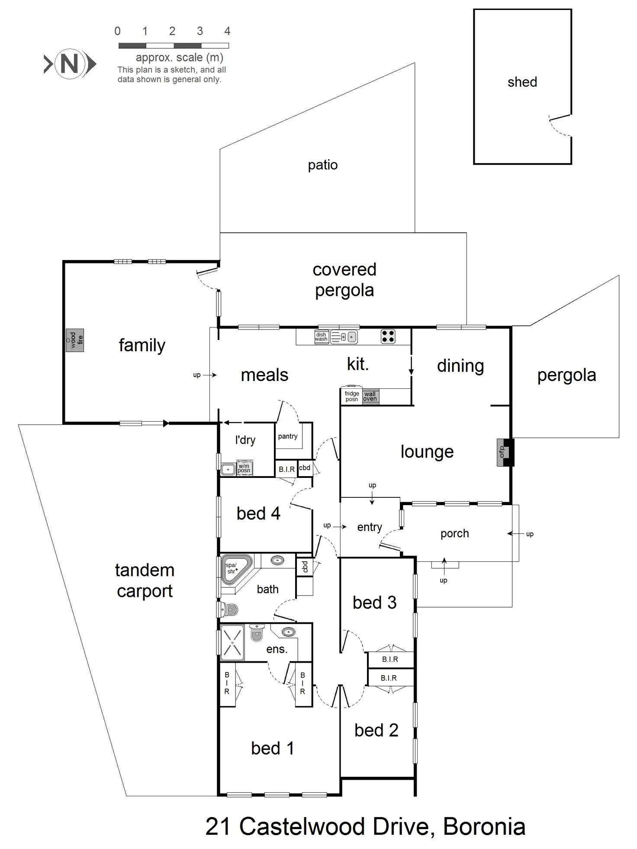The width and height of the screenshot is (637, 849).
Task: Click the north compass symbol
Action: point(70,64)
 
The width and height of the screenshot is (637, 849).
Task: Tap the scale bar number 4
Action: point(227,31)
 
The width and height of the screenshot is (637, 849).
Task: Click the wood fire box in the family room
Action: point(74,340)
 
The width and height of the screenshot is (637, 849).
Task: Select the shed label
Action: point(522,82)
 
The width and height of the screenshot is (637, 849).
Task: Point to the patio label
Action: point(322,165)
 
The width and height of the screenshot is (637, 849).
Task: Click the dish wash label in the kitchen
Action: point(321,337)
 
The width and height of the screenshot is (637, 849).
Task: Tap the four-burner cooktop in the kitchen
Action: point(388,336)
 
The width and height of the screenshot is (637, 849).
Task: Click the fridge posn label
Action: point(351,396)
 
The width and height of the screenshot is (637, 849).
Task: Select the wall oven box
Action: point(370,396)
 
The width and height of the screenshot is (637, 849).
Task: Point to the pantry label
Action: point(288,436)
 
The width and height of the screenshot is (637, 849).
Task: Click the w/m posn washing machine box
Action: point(244,468)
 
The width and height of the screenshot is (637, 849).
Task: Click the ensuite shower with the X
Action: point(232,643)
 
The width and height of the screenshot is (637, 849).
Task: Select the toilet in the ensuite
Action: point(257,632)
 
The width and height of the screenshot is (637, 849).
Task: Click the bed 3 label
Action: point(374,602)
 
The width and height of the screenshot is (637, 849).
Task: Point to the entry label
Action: point(369,527)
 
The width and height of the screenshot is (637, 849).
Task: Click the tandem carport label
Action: point(145,580)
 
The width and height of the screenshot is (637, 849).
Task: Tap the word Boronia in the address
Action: point(484,827)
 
